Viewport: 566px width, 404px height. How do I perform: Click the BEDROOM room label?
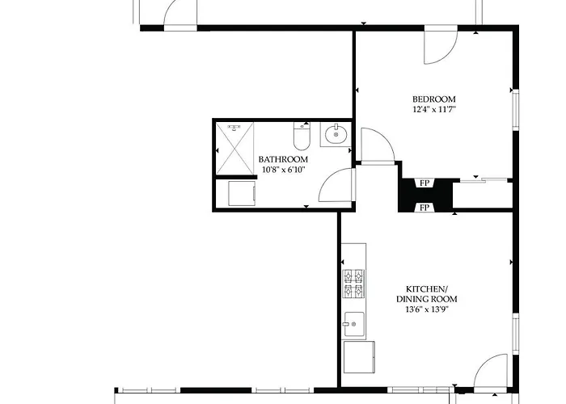(434, 99)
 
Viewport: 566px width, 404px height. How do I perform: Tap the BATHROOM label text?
(283, 159)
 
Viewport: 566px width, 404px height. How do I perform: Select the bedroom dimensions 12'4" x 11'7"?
(434, 109)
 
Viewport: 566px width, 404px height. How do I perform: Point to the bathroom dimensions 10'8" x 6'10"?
(283, 170)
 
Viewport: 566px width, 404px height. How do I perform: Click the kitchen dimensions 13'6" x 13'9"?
(427, 309)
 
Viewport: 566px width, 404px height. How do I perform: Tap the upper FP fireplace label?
(424, 183)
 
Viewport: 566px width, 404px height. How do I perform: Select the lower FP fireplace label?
(424, 208)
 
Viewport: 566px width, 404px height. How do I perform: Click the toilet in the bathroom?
(302, 136)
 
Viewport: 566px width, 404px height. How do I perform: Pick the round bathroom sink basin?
(336, 135)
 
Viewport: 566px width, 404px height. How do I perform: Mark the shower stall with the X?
(234, 148)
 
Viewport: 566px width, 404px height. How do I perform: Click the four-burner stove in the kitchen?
(353, 284)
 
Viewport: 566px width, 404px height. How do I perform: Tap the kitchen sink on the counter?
(354, 324)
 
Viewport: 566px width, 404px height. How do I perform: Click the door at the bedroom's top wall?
(441, 46)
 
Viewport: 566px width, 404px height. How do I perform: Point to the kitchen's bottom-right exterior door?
(491, 372)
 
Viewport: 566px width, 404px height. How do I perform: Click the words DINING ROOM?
(427, 299)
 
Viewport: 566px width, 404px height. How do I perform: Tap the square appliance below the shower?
(242, 193)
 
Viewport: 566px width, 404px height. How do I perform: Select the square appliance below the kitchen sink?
(359, 357)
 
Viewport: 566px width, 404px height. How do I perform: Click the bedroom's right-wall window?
(516, 110)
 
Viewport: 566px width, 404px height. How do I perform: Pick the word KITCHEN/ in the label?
(427, 289)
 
